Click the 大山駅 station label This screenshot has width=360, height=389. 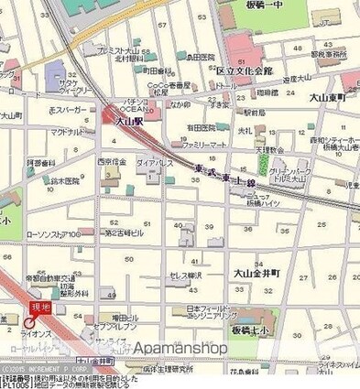(127, 120)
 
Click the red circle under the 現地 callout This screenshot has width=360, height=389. (30, 323)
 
